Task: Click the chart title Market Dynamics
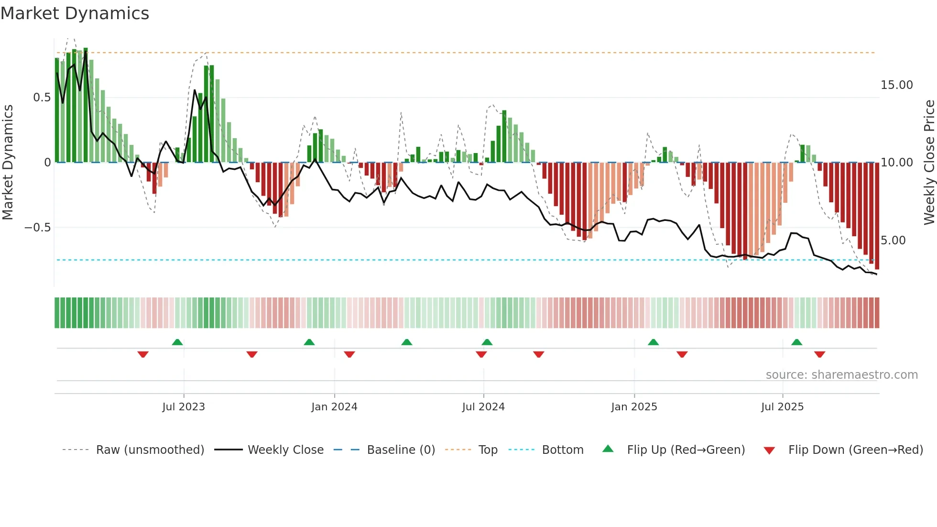(x=75, y=13)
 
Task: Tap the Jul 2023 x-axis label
(x=184, y=407)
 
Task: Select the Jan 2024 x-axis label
(x=334, y=407)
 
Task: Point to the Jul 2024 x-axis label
(x=483, y=407)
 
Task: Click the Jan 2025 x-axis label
(x=634, y=407)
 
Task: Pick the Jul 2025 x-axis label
(x=783, y=407)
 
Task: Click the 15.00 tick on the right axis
(x=896, y=85)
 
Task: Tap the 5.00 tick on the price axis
(x=893, y=241)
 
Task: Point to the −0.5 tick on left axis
(x=38, y=228)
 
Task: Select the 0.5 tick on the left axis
(x=42, y=98)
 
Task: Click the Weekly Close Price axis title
(x=929, y=163)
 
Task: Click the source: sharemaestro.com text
(x=841, y=375)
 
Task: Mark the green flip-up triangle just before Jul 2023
(x=177, y=342)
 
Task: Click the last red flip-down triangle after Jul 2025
(x=819, y=354)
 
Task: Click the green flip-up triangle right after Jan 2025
(x=653, y=342)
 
